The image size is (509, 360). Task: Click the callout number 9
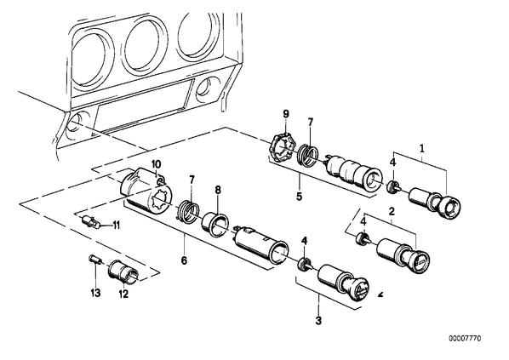tap(286, 114)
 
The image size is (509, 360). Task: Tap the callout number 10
tap(156, 164)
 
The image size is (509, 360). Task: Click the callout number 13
tap(95, 293)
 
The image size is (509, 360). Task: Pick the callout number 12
tap(123, 294)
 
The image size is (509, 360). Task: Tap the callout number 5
tap(299, 196)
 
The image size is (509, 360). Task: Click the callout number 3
tap(318, 321)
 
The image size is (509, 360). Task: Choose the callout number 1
tap(422, 149)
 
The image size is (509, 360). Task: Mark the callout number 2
tap(392, 212)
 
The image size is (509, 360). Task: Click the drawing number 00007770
tap(465, 338)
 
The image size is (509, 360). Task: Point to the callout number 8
tap(218, 190)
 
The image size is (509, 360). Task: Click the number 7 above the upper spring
tap(311, 123)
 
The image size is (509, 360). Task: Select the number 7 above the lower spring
tap(192, 180)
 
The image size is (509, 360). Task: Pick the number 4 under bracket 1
tap(392, 162)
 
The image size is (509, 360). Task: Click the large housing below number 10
tap(146, 190)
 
